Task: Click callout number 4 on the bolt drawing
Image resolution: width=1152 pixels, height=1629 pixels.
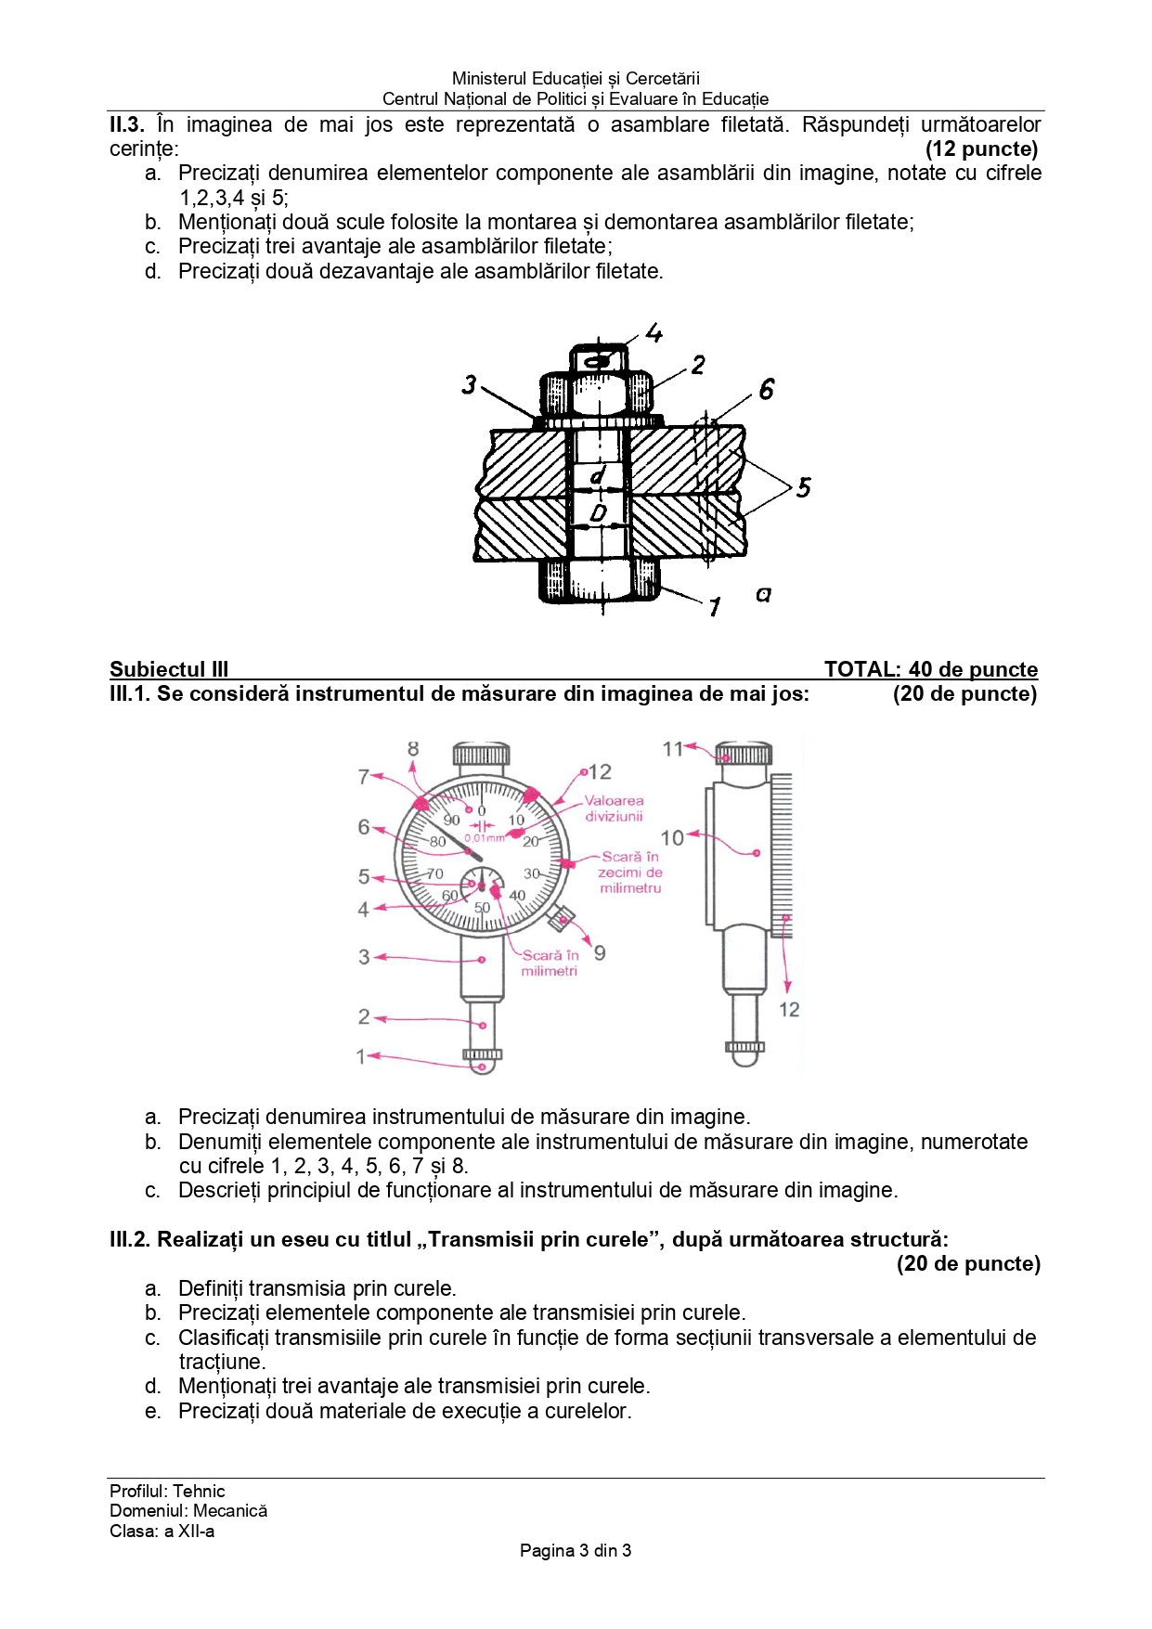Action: pos(654,332)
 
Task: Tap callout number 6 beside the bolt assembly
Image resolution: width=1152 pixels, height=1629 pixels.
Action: pos(766,389)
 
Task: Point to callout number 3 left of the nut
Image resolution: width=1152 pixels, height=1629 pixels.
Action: pos(470,383)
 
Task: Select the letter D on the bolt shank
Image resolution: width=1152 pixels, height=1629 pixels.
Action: pos(599,512)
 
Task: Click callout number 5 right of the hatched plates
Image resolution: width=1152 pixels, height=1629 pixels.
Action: pos(804,486)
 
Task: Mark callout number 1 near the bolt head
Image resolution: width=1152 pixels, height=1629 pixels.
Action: pos(714,608)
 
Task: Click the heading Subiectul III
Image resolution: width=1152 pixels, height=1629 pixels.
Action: pos(169,669)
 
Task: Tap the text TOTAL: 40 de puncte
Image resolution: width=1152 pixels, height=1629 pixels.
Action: pos(930,669)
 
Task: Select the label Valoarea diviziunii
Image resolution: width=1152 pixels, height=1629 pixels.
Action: pos(614,808)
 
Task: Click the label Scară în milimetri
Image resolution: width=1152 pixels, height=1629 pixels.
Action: pos(550,963)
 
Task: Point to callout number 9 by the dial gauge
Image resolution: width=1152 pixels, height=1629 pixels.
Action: pos(600,953)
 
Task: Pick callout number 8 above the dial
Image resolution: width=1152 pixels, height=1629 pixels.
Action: pos(413,748)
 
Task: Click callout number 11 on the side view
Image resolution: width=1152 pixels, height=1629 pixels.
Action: pos(673,748)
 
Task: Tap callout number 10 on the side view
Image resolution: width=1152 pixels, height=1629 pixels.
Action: pos(672,837)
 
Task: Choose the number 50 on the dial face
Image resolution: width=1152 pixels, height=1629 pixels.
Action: pos(483,908)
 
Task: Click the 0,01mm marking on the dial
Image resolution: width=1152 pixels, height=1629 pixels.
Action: pos(485,837)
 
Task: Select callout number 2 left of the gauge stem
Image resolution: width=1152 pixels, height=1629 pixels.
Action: pos(364,1016)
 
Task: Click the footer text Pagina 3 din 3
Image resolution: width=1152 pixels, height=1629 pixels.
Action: pos(576,1550)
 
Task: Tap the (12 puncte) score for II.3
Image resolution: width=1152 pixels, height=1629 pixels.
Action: pos(981,149)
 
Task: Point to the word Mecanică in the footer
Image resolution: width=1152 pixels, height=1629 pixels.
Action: pos(230,1510)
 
